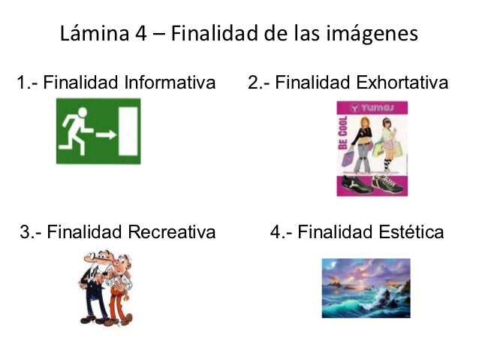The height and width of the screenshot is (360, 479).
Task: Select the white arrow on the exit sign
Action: pyautogui.click(x=106, y=135)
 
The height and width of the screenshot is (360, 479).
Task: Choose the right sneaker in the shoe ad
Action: pyautogui.click(x=387, y=183)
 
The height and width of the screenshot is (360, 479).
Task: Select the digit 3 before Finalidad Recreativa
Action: pyautogui.click(x=23, y=231)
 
